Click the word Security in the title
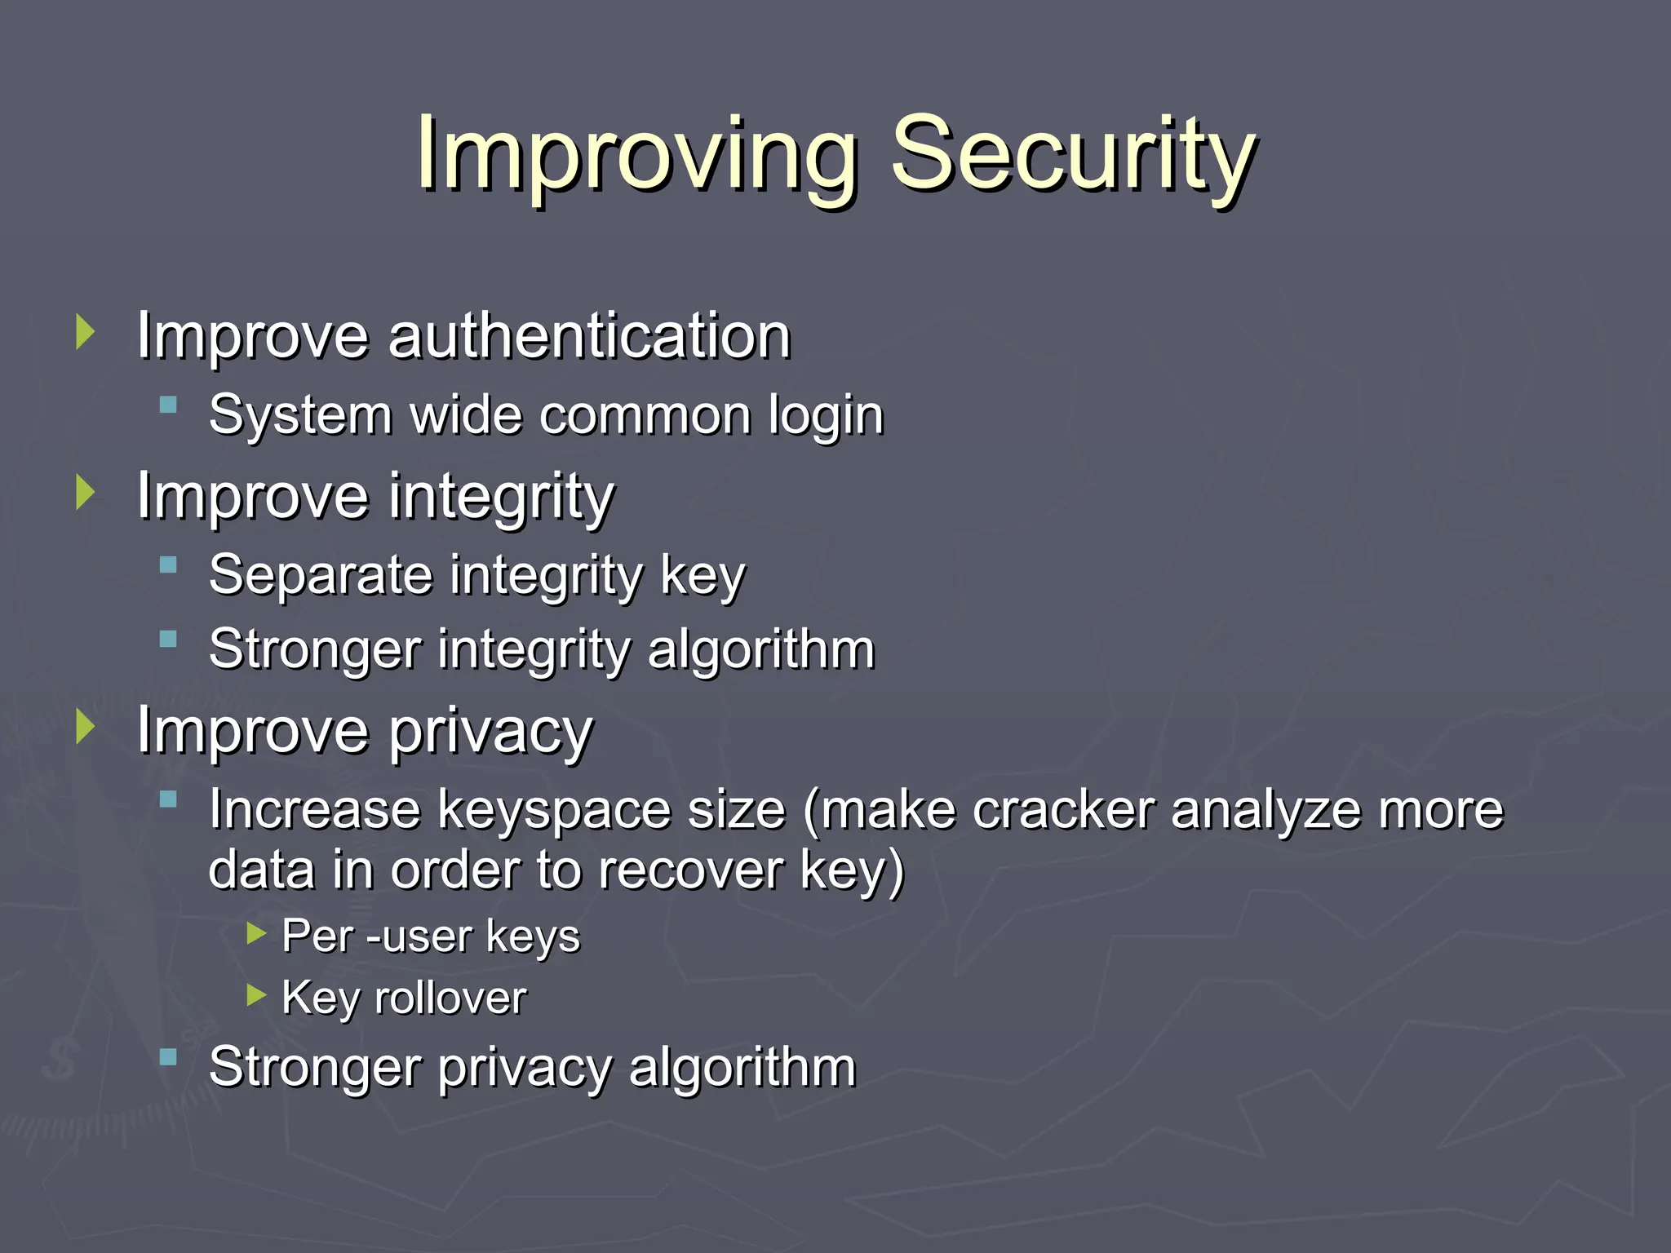tap(1073, 155)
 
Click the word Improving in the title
tap(636, 155)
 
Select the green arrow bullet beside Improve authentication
tap(85, 332)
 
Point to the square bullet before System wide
tap(169, 405)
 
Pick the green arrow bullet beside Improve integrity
tap(85, 493)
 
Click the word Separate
tap(320, 574)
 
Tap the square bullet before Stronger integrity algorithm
tap(169, 639)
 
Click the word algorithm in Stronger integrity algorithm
tap(760, 649)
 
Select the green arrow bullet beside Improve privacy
tap(85, 726)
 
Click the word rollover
tap(450, 998)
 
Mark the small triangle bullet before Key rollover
tap(256, 994)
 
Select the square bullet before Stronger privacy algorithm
tap(169, 1057)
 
